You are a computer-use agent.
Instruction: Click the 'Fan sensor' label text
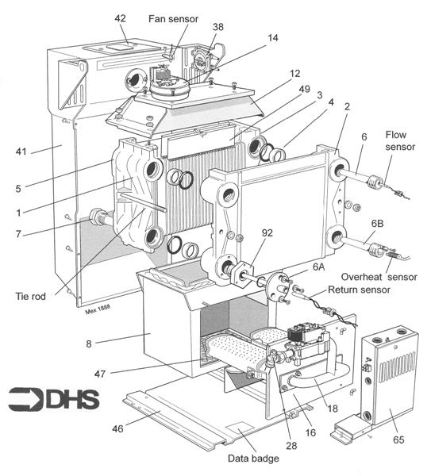(173, 19)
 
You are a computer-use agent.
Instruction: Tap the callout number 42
(120, 18)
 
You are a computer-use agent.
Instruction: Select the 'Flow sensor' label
(400, 140)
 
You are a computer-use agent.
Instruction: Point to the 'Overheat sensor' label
(379, 277)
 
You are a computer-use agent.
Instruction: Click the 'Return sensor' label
(359, 290)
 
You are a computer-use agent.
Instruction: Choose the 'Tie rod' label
(31, 296)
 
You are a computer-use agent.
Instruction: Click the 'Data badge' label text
(253, 459)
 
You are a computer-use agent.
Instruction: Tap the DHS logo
(54, 399)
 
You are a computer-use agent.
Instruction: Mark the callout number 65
(398, 440)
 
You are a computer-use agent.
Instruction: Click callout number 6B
(377, 224)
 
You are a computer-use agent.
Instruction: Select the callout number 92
(267, 232)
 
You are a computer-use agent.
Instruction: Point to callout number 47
(100, 374)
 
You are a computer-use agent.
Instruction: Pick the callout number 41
(21, 152)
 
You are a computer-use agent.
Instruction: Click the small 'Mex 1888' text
(98, 309)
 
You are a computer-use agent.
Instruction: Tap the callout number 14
(273, 38)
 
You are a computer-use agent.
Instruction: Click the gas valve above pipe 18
(306, 343)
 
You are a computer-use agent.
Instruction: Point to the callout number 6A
(318, 267)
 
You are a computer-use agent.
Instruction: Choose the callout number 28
(291, 445)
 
